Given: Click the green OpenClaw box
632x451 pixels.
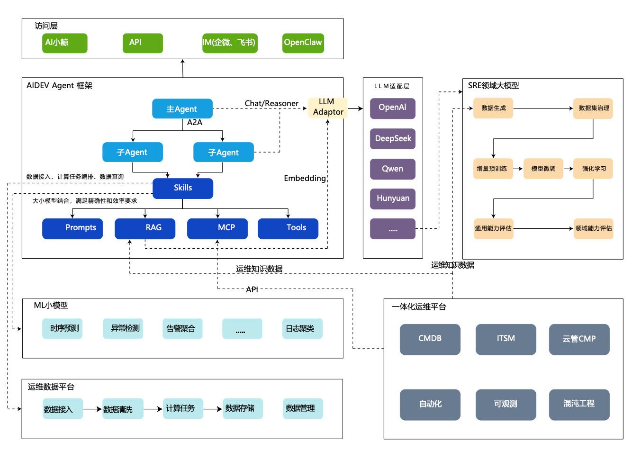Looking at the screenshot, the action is pos(303,43).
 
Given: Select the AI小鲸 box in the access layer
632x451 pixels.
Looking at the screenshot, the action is pos(64,43).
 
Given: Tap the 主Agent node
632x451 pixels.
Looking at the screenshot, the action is pos(182,108).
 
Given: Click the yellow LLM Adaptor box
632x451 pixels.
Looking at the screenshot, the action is pos(327,108).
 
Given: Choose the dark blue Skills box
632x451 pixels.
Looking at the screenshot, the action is pos(183,189).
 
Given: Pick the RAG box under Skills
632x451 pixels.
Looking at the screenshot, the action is pos(145,228).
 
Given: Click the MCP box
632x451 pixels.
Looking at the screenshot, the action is pos(217,228).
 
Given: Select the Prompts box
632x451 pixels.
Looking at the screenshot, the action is pos(72,228).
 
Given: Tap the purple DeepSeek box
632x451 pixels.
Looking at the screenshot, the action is pos(392,139).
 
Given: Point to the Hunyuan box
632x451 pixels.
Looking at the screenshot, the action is pos(392,199).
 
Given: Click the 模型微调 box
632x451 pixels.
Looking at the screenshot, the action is pos(543,169).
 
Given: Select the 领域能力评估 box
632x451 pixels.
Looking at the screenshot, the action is pos(593,229).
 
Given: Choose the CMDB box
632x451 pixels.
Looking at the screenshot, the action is pos(430,339).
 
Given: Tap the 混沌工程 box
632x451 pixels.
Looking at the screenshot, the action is pos(579,405).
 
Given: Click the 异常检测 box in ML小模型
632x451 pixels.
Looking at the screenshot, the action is pos(123,329).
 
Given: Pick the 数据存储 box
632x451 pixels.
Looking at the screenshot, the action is pos(243,408).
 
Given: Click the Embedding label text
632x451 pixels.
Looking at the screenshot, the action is pos(305,178).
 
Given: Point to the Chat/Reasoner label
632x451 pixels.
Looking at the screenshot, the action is pos(271,104).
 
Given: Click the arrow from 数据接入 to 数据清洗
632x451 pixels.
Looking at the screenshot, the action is pos(92,409).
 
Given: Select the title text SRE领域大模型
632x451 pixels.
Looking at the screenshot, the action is pos(493,85).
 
